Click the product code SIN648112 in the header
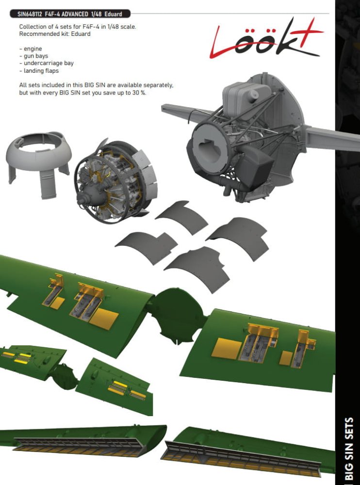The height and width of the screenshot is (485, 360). coord(30,14)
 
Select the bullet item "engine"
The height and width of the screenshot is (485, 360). coord(31,49)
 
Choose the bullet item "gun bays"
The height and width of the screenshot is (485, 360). coord(33,56)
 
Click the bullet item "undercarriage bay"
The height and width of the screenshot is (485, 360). coord(47,63)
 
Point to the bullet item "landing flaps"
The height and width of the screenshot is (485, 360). coord(39,70)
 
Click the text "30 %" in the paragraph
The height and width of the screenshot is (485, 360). coord(139,93)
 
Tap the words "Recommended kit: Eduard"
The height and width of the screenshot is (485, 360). coord(55,34)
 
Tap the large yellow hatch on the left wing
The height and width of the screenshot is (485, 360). coord(104,319)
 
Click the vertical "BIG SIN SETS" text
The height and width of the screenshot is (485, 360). coord(349,450)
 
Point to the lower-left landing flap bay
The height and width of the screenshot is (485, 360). coord(79,447)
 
